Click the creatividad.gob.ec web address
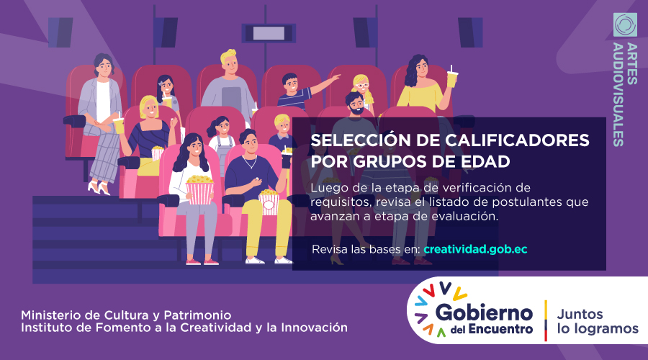point(475,249)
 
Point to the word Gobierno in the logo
point(484,313)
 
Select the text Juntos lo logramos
point(598,322)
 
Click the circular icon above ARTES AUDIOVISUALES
point(625,24)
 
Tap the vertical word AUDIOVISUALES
point(618,94)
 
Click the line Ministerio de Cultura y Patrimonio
point(126,315)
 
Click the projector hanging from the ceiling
point(269,33)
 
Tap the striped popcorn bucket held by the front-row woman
point(200,190)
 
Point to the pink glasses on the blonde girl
point(362,86)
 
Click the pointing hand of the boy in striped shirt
point(335,77)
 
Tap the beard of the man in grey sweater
point(356,110)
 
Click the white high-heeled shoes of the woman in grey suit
point(99,188)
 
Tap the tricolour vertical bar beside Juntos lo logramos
point(546,320)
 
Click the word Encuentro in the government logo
point(500,330)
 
